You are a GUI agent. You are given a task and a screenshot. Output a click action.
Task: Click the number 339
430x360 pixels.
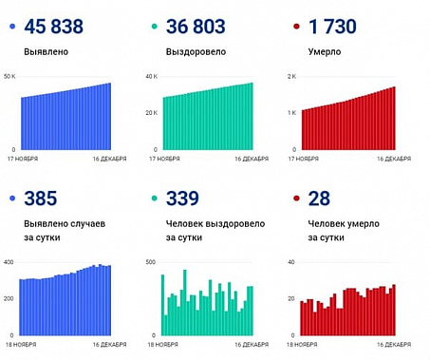(x=182, y=199)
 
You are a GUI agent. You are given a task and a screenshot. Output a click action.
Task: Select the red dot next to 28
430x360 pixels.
(x=297, y=199)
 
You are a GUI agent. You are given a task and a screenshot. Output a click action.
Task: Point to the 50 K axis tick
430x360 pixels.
(x=10, y=76)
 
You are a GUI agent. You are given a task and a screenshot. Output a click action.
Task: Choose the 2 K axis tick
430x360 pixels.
(x=293, y=76)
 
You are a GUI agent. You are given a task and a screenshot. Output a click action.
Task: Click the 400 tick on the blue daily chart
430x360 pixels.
(x=9, y=262)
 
